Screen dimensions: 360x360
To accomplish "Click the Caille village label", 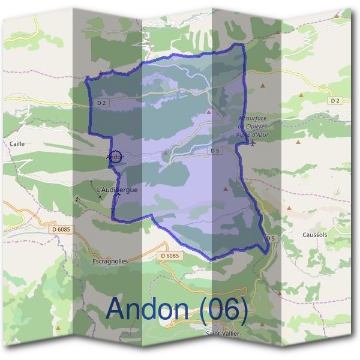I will coord(17,144).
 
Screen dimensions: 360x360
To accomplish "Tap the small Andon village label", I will coord(115,157).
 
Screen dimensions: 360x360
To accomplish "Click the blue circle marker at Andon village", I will coord(117,156).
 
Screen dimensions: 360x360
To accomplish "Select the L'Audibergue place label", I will coord(117,190).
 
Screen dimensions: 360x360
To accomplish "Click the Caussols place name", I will coord(315,235).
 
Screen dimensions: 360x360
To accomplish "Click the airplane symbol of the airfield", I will coord(254,143).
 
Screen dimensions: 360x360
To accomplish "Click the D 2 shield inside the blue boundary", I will coord(101,103).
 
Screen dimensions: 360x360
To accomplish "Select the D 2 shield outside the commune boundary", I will coord(335,100).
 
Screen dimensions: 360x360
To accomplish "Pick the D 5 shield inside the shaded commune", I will coord(215,150).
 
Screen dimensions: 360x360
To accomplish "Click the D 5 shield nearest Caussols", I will coord(271,238).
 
